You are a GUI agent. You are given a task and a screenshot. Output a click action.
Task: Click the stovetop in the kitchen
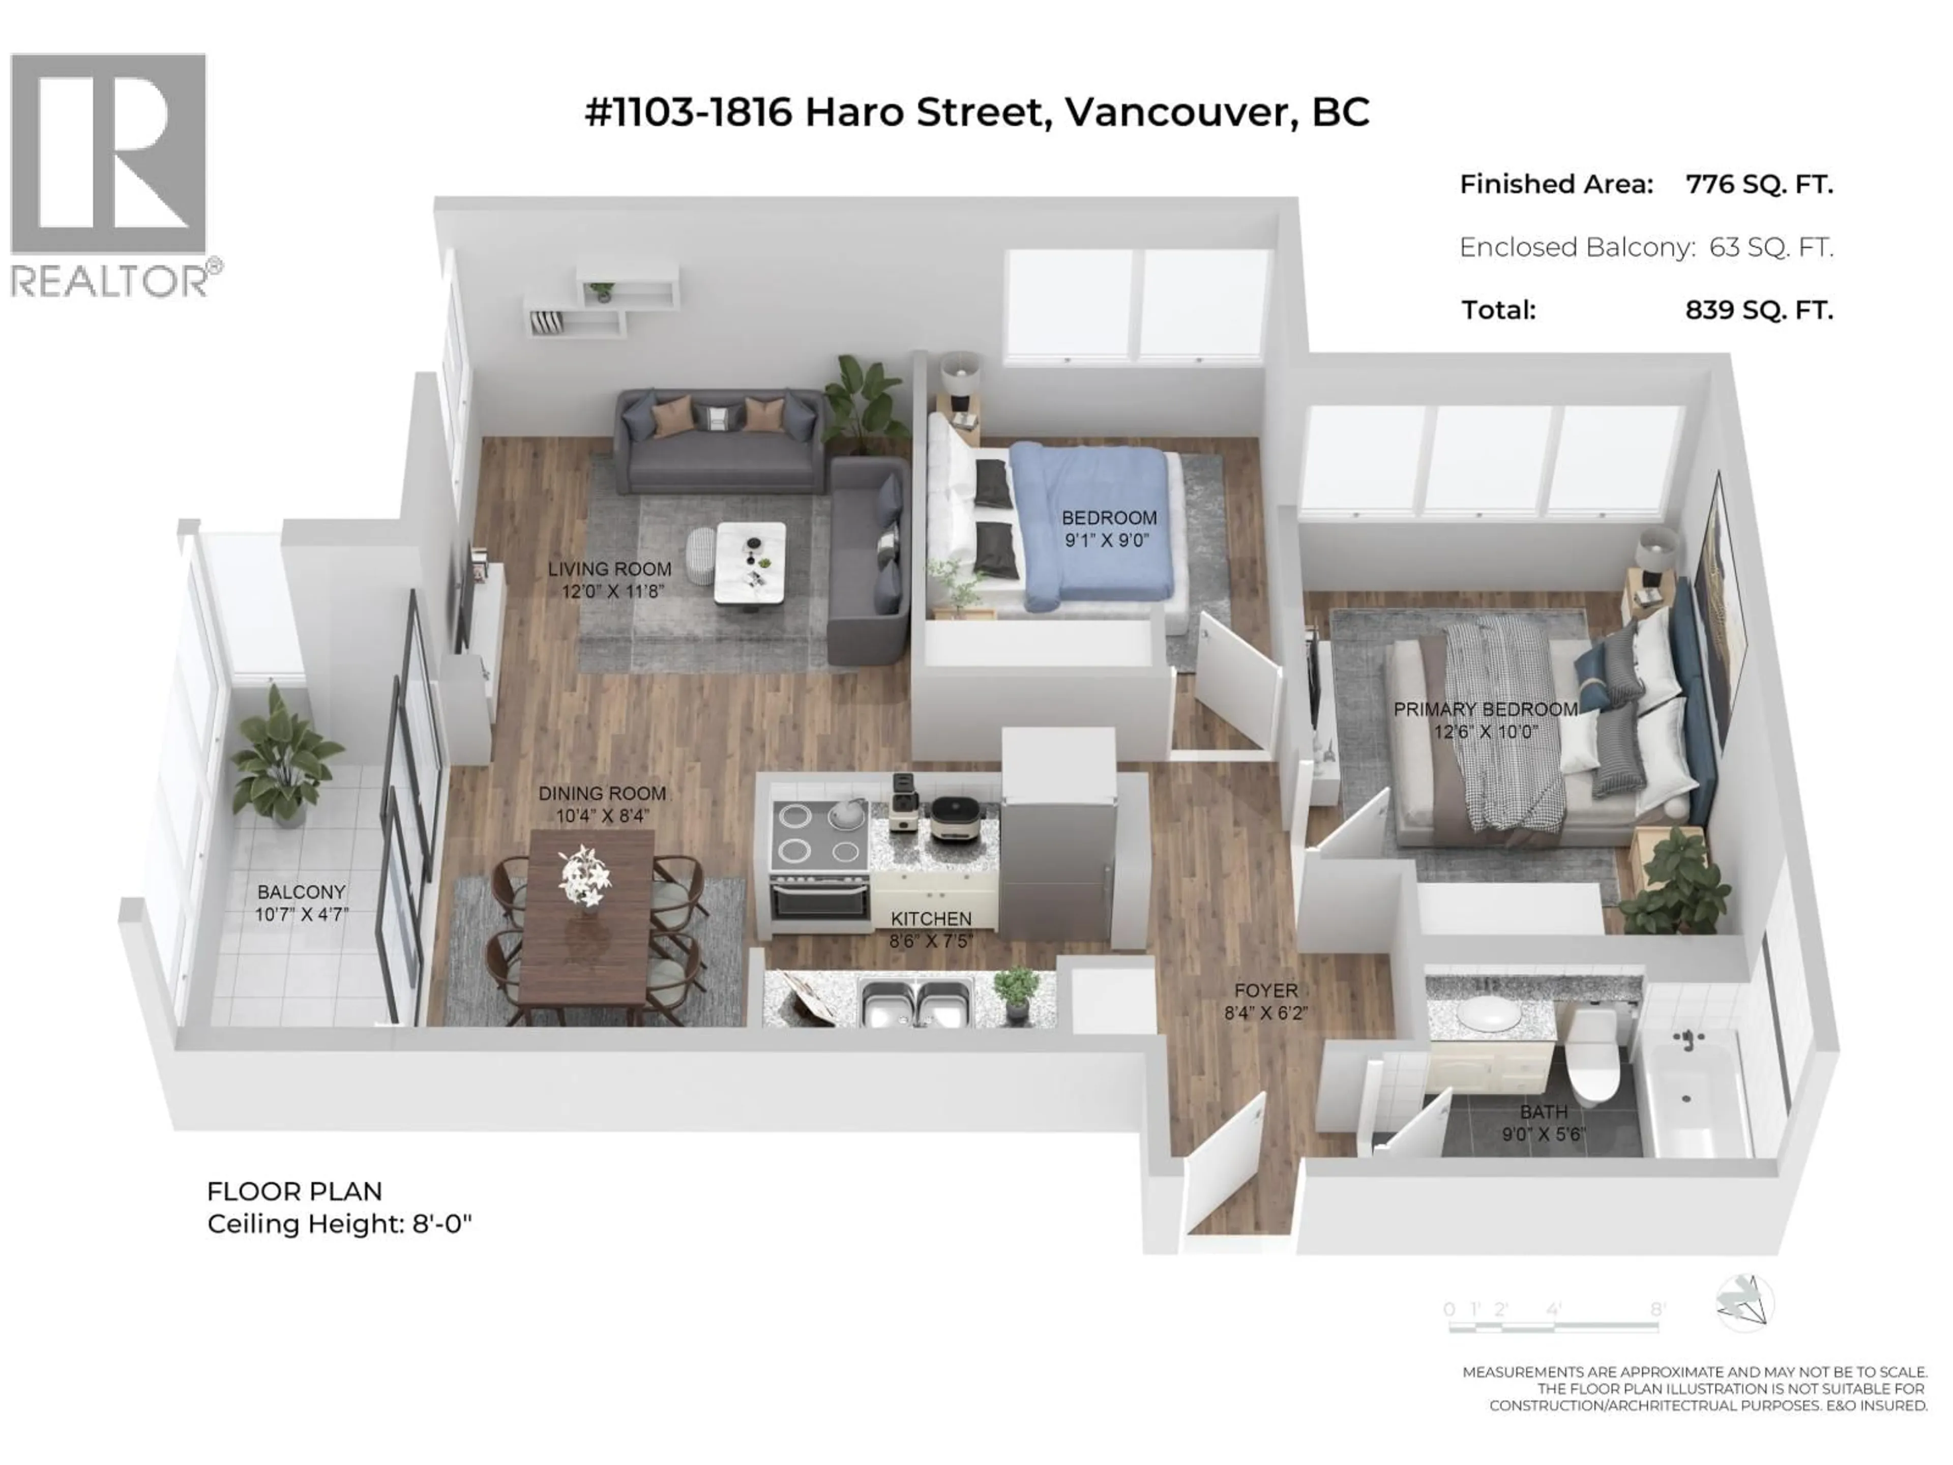[818, 835]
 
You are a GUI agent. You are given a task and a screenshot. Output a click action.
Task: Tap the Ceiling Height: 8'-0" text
[339, 1225]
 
